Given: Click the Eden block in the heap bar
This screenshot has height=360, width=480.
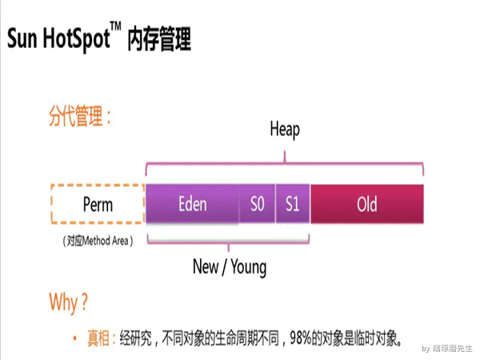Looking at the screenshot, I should pyautogui.click(x=192, y=204).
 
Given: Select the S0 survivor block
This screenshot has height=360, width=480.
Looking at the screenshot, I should pyautogui.click(x=257, y=204).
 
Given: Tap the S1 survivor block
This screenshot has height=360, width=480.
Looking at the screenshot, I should pyautogui.click(x=292, y=204).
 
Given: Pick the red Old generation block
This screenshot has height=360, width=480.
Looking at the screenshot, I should pyautogui.click(x=367, y=204).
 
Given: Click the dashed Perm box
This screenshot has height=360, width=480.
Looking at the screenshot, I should pyautogui.click(x=98, y=204).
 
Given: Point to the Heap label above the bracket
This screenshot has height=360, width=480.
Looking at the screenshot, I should pyautogui.click(x=284, y=130).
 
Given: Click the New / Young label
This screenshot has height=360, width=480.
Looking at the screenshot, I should pyautogui.click(x=230, y=266).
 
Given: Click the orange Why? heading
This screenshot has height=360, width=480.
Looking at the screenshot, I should pyautogui.click(x=68, y=302).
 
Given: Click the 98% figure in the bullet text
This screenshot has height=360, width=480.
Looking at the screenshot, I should pyautogui.click(x=302, y=334).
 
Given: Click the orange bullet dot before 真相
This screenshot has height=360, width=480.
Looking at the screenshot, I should pyautogui.click(x=75, y=335).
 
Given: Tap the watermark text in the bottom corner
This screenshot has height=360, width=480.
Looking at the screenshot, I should pyautogui.click(x=446, y=349).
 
